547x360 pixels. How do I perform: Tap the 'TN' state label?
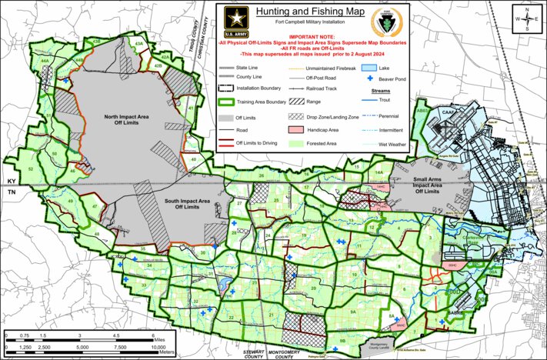pyautogui.click(x=11, y=191)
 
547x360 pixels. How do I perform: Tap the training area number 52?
pyautogui.click(x=31, y=168)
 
